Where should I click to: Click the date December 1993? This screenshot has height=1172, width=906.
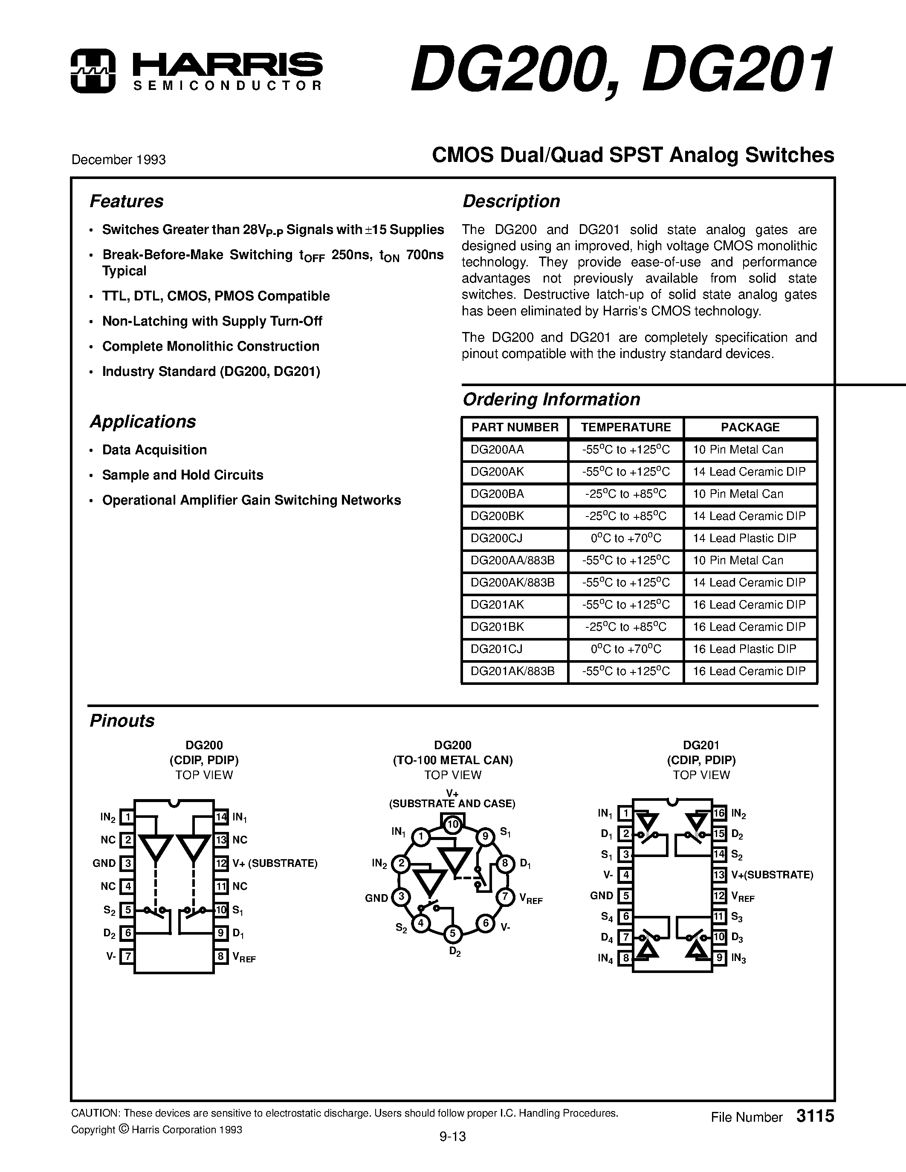[x=118, y=160]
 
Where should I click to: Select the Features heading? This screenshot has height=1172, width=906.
[x=126, y=201]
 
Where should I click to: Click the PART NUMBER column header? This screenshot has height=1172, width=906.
[x=515, y=427]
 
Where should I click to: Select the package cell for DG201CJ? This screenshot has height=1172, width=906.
[x=744, y=649]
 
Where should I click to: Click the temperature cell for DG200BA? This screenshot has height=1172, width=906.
[x=625, y=494]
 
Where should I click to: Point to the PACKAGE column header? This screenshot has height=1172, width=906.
[x=750, y=427]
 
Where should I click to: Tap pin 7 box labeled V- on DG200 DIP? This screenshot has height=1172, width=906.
[x=127, y=956]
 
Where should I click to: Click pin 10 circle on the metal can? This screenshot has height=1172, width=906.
[x=453, y=824]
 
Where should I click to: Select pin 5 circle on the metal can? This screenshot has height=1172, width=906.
[x=452, y=934]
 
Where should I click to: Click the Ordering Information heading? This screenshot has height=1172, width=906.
[x=551, y=399]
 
